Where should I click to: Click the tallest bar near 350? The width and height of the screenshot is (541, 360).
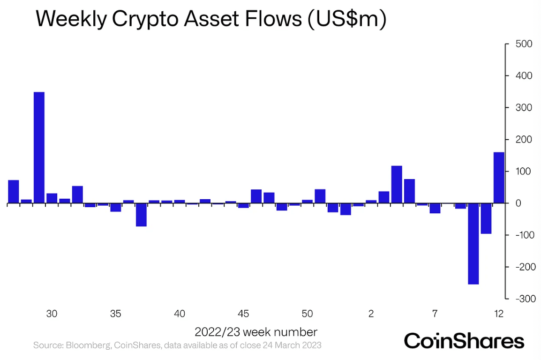(x=39, y=148)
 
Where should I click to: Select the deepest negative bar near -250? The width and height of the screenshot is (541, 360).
(x=473, y=244)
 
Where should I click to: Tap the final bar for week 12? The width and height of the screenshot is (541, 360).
(x=499, y=178)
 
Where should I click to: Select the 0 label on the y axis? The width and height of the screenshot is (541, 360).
(x=518, y=203)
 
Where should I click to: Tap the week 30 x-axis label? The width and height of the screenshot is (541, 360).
(x=52, y=314)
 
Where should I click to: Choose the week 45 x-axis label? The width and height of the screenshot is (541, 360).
(x=243, y=314)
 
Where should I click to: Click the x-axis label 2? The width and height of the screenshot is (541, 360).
(x=371, y=314)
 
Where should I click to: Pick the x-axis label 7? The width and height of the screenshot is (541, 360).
(x=435, y=314)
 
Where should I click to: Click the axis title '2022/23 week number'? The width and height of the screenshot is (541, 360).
(x=256, y=332)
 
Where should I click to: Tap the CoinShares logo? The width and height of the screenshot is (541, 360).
(x=464, y=341)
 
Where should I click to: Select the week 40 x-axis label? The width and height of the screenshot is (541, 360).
(x=180, y=314)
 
